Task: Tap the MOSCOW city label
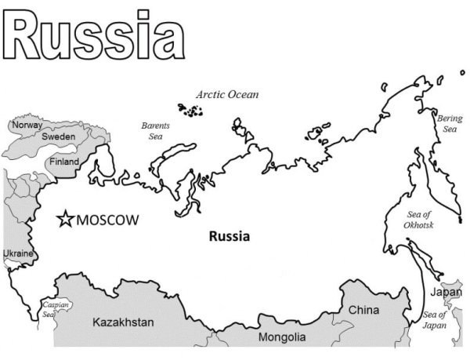[107, 220]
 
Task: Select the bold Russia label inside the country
[230, 235]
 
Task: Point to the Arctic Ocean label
[227, 94]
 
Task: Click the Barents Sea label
[156, 130]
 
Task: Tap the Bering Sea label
[450, 123]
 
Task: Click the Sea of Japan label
[434, 320]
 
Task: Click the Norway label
[27, 125]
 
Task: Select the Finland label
[64, 162]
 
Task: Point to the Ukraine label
[18, 254]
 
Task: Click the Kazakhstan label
[123, 322]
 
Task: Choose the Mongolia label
[282, 337]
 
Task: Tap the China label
[363, 310]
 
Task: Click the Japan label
[446, 293]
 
